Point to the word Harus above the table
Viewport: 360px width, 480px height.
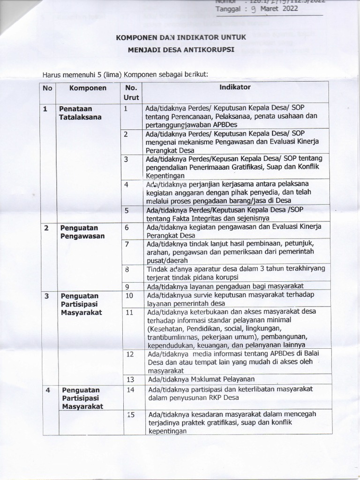52,74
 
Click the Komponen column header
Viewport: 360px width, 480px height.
88,88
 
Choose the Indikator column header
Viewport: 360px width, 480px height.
235,87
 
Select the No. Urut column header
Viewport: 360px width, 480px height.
131,92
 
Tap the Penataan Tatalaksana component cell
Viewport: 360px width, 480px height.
80,113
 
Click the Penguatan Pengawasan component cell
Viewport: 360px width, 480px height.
80,232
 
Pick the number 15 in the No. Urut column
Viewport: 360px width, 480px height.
131,415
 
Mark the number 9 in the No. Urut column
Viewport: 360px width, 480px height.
127,286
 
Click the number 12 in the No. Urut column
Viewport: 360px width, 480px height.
130,354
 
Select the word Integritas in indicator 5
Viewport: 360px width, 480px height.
202,218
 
